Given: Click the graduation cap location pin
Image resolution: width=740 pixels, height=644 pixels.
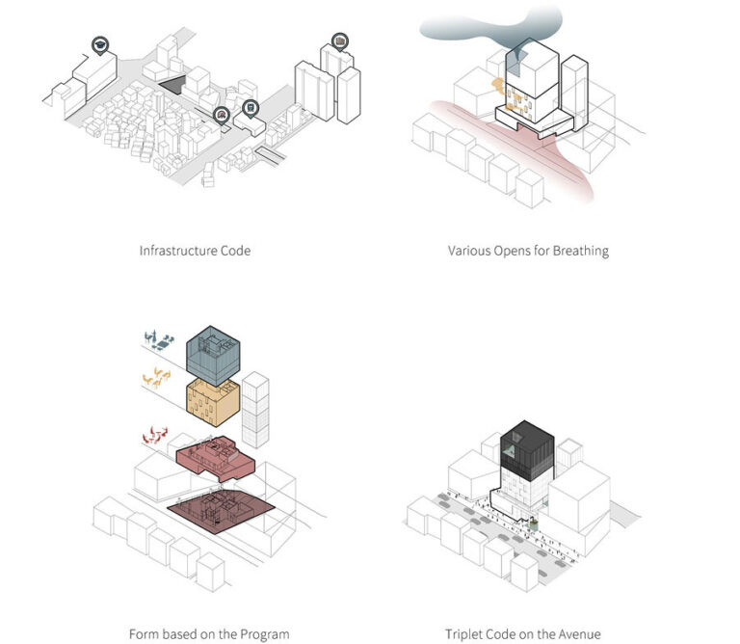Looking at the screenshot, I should pyautogui.click(x=100, y=44).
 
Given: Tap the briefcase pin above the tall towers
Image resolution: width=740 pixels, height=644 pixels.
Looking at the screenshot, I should pyautogui.click(x=339, y=40).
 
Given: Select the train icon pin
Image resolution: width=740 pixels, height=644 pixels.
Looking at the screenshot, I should pyautogui.click(x=251, y=108).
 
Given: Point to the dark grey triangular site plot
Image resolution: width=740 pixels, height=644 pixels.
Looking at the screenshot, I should pyautogui.click(x=172, y=87).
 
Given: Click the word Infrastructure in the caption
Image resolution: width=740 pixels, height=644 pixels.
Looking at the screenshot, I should pyautogui.click(x=180, y=251).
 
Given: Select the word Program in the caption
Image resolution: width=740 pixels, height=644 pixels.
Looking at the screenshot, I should pyautogui.click(x=265, y=634).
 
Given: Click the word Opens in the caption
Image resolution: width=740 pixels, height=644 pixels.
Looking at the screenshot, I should pyautogui.click(x=509, y=251).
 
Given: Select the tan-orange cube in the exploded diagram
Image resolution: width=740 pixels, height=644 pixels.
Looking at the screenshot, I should pyautogui.click(x=212, y=406).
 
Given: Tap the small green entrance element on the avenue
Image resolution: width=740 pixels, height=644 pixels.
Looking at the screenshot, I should pyautogui.click(x=530, y=523).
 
